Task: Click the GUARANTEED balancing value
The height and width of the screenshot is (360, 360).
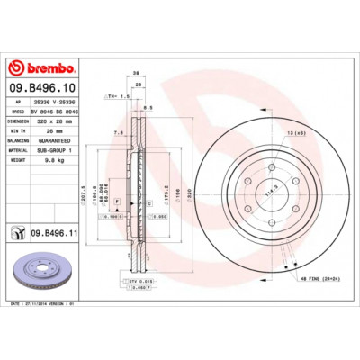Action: pos(63,141)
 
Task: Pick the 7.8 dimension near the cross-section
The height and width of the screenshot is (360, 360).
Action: pos(118,132)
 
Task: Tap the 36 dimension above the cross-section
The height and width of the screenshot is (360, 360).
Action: pos(136,73)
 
